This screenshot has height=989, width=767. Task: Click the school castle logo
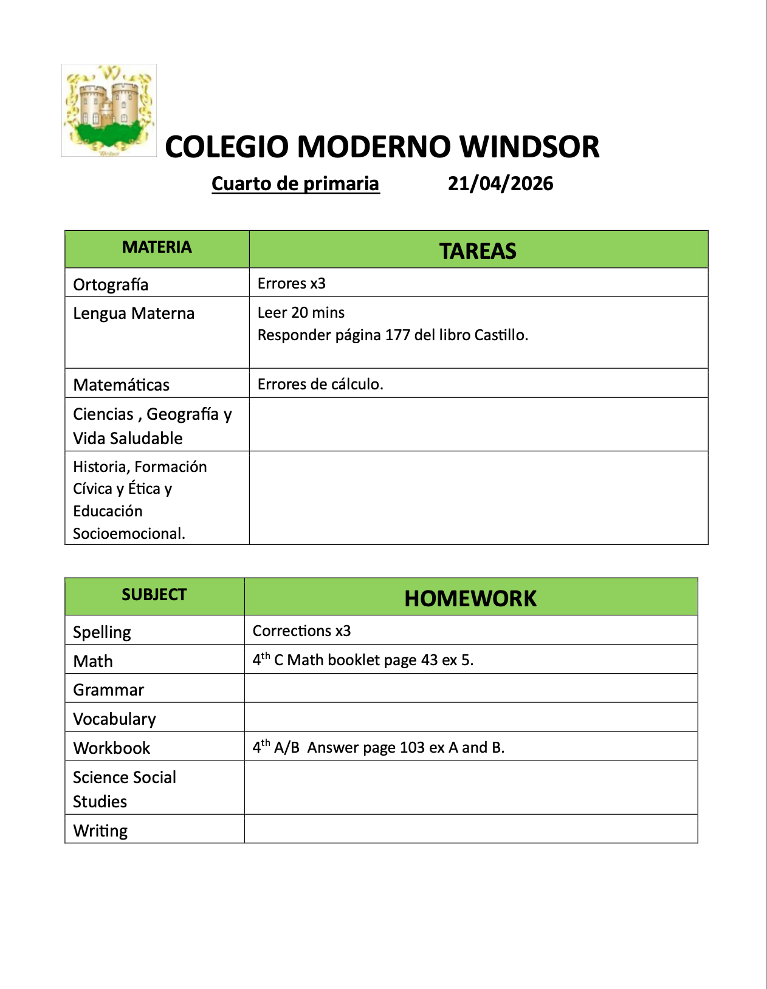pyautogui.click(x=109, y=110)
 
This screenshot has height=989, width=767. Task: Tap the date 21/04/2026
pyautogui.click(x=500, y=183)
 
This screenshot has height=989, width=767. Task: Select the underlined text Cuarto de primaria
pyautogui.click(x=295, y=183)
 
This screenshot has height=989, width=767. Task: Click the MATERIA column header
pyautogui.click(x=157, y=247)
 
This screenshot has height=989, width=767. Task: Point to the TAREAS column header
pyautogui.click(x=478, y=251)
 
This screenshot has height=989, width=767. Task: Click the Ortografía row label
pyautogui.click(x=111, y=284)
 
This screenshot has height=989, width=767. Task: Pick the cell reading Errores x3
pyautogui.click(x=292, y=284)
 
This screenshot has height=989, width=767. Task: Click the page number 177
pyautogui.click(x=397, y=335)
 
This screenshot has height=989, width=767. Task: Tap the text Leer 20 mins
pyautogui.click(x=301, y=312)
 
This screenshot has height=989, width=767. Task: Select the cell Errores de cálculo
pyautogui.click(x=320, y=384)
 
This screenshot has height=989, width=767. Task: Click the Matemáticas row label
pyautogui.click(x=121, y=385)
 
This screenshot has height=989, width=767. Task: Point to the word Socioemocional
pyautogui.click(x=129, y=533)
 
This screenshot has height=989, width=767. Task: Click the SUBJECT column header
pyautogui.click(x=154, y=595)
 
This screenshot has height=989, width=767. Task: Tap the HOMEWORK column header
pyautogui.click(x=470, y=598)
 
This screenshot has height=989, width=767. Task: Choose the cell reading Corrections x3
pyautogui.click(x=301, y=631)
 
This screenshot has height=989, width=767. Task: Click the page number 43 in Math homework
pyautogui.click(x=429, y=660)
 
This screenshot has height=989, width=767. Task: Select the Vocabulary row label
pyautogui.click(x=114, y=719)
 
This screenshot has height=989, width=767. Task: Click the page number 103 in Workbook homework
pyautogui.click(x=412, y=747)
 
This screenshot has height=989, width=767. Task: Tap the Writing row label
pyautogui.click(x=100, y=830)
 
